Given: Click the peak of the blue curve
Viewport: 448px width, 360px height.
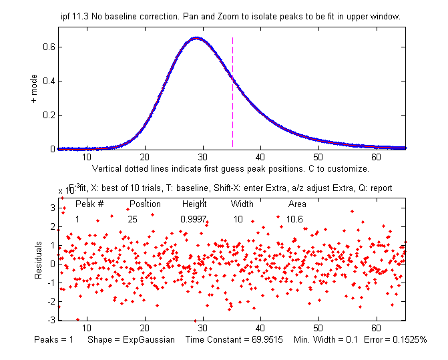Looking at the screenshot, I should tap(196, 38).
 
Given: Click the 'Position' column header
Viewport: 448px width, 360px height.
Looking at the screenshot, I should tap(145, 204).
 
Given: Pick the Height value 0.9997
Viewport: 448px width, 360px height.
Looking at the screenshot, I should tap(193, 219).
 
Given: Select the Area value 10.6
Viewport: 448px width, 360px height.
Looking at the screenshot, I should tap(295, 219).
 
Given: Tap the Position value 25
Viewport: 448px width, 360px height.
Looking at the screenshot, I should tap(133, 219).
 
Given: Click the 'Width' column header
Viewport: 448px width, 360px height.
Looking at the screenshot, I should tap(242, 204).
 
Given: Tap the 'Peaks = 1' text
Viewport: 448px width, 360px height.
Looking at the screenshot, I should tap(55, 340).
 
